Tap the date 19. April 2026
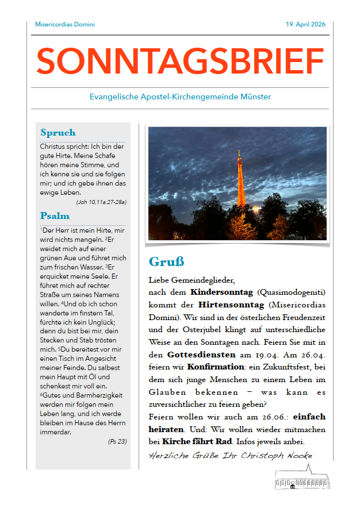305,25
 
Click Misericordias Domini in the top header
64,25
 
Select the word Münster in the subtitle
256,97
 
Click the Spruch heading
58,133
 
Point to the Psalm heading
55,216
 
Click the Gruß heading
166,262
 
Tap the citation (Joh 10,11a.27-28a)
101,202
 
